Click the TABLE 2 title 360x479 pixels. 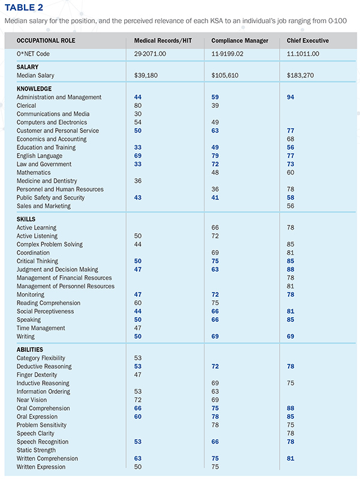[24, 7]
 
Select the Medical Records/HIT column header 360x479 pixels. [163, 41]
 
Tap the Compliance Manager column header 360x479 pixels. [239, 41]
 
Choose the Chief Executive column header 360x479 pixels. [307, 41]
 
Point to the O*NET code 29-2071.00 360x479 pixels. [150, 54]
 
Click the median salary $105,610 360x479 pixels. [224, 76]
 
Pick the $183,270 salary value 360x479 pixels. [300, 76]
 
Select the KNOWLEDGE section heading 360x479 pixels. [34, 89]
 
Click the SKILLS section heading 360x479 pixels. [26, 219]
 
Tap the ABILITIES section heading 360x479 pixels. [29, 350]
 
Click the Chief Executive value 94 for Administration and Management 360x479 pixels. [290, 97]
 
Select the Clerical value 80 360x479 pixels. [137, 106]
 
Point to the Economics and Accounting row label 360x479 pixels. [52, 139]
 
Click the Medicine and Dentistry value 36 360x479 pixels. [137, 181]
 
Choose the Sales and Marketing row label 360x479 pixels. [43, 206]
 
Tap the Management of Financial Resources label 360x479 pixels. [64, 278]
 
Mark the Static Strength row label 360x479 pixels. [36, 450]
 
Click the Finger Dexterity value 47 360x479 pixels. [137, 375]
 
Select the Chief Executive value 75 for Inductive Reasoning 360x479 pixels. [290, 383]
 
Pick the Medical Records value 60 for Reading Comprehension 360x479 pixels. [137, 303]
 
